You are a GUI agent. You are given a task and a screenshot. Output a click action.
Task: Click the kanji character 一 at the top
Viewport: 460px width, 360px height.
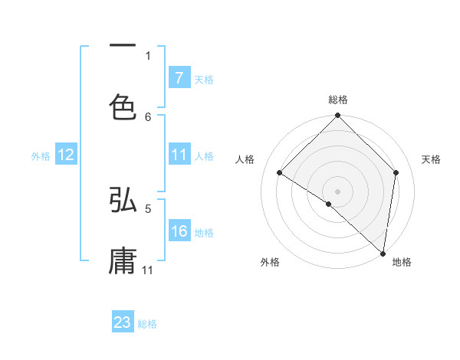(x=123, y=45)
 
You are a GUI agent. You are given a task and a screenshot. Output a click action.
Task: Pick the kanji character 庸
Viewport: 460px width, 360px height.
(x=123, y=260)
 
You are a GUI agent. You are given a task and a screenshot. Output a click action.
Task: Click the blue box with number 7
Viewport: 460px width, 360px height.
(x=179, y=78)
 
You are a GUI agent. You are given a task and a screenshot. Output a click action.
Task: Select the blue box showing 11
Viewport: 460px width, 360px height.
(x=179, y=155)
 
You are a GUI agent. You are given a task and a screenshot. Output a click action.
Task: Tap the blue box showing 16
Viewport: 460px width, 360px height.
(x=179, y=231)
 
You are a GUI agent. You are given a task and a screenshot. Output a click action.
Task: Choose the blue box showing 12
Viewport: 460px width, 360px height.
(x=66, y=155)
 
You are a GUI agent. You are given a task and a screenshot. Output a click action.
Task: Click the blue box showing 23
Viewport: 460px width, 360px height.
(x=123, y=322)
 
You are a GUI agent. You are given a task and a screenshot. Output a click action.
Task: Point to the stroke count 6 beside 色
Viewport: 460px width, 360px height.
(x=148, y=117)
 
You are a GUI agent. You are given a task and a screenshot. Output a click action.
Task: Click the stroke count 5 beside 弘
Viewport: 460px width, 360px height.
(x=148, y=208)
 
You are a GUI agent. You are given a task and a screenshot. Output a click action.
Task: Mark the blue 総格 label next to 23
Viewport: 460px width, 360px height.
(x=147, y=324)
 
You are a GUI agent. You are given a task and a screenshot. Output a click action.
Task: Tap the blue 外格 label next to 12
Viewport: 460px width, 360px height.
(x=41, y=155)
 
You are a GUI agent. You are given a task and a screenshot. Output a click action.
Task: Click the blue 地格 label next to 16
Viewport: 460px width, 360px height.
(x=204, y=232)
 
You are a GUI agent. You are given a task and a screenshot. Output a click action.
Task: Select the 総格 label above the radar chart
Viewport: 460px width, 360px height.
(x=338, y=100)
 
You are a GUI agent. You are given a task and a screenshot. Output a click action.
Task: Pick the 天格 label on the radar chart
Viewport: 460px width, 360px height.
(x=431, y=159)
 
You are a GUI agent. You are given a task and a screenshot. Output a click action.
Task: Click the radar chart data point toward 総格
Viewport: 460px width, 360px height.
(x=337, y=116)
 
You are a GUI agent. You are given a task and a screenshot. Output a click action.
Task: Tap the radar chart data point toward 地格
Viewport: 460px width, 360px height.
(x=383, y=253)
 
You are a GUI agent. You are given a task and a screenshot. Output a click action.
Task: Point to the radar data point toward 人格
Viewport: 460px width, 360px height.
(x=280, y=173)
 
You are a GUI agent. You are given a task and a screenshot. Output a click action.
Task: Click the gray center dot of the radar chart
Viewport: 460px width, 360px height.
(x=337, y=191)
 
